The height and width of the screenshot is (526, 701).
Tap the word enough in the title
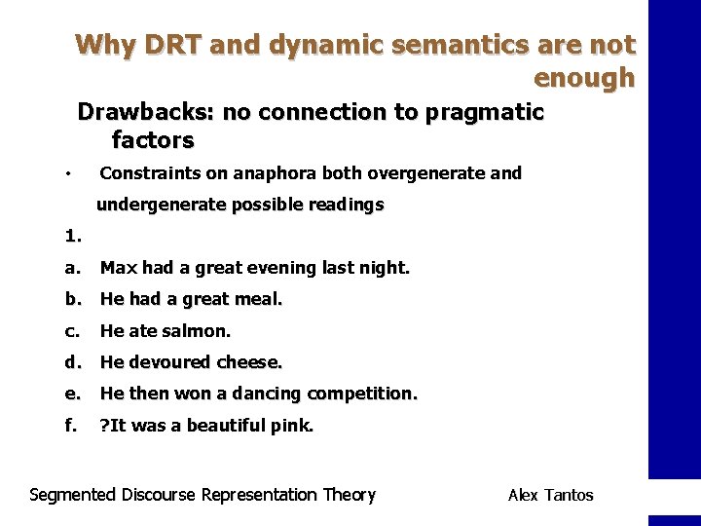[584, 77]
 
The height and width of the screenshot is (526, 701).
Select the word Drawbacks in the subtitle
[146, 112]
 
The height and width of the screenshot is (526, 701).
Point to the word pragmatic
[481, 112]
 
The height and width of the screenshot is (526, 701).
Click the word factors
[153, 140]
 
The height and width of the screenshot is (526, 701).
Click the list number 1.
[72, 235]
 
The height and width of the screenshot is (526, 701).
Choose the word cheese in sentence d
[251, 362]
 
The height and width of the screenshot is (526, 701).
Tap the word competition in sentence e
[362, 394]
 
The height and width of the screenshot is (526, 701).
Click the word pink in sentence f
[294, 425]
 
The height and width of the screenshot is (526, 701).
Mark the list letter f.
[69, 425]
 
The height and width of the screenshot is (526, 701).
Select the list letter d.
[71, 362]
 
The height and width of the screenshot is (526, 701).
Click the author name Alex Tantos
[550, 495]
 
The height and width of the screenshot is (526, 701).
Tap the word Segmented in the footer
[74, 495]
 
